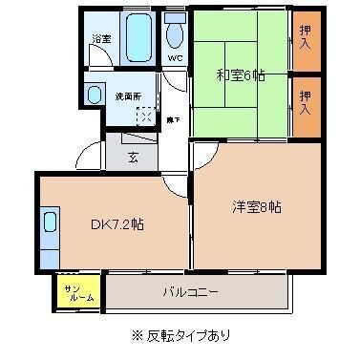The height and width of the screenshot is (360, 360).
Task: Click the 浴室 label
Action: pyautogui.click(x=99, y=39)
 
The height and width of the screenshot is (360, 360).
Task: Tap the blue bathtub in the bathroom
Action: pyautogui.click(x=138, y=37)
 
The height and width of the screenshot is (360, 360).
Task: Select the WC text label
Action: pyautogui.click(x=175, y=57)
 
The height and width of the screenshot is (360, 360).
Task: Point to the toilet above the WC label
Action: pyautogui.click(x=175, y=32)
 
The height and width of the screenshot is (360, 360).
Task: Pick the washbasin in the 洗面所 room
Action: pyautogui.click(x=95, y=95)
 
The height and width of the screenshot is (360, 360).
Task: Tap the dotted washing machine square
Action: pyautogui.click(x=144, y=115)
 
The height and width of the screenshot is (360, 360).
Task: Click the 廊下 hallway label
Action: pyautogui.click(x=173, y=119)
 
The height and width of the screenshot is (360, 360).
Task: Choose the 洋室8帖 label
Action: pyautogui.click(x=256, y=206)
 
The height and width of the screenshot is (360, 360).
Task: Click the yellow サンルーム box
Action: pyautogui.click(x=79, y=293)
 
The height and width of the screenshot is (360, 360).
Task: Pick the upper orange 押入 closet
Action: pyautogui.click(x=305, y=39)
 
